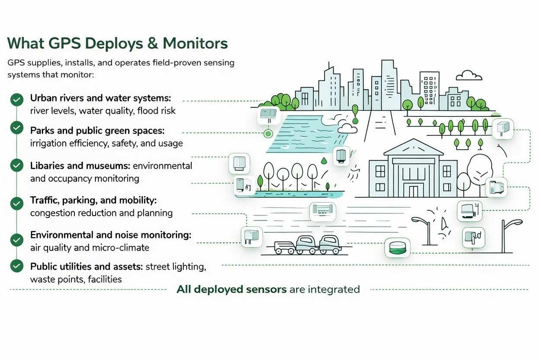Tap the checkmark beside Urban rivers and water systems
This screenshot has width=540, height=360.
[x=16, y=100]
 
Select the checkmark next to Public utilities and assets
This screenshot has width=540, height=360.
[x=16, y=265]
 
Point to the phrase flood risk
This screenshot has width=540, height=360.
[x=156, y=111]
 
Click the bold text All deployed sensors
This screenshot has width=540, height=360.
[x=231, y=289]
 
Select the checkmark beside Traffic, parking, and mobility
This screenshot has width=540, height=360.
[x=16, y=202]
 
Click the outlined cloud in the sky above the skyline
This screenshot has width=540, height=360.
[x=469, y=76]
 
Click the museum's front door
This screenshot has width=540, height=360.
[x=414, y=190]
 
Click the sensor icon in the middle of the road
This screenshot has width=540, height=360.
[x=323, y=212]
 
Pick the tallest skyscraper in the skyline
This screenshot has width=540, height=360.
[x=388, y=84]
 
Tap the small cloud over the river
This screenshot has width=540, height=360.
[x=347, y=128]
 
